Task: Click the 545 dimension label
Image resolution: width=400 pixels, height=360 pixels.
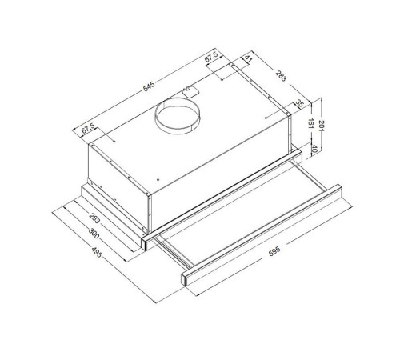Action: (149, 86)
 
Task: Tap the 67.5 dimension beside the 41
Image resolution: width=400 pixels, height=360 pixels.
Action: (211, 57)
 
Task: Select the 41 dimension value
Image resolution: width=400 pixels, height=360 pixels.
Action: (248, 58)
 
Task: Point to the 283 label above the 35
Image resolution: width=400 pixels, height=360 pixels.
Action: (281, 76)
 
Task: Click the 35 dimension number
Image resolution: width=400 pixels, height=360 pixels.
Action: (300, 103)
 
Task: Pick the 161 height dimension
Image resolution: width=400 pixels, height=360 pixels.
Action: (310, 124)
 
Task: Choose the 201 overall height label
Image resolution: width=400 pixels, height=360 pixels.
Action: (321, 126)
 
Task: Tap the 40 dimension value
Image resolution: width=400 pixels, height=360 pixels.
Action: (314, 149)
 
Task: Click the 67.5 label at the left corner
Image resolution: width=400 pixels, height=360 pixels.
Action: (88, 129)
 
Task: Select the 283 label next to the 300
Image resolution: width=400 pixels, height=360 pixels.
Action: (94, 218)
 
